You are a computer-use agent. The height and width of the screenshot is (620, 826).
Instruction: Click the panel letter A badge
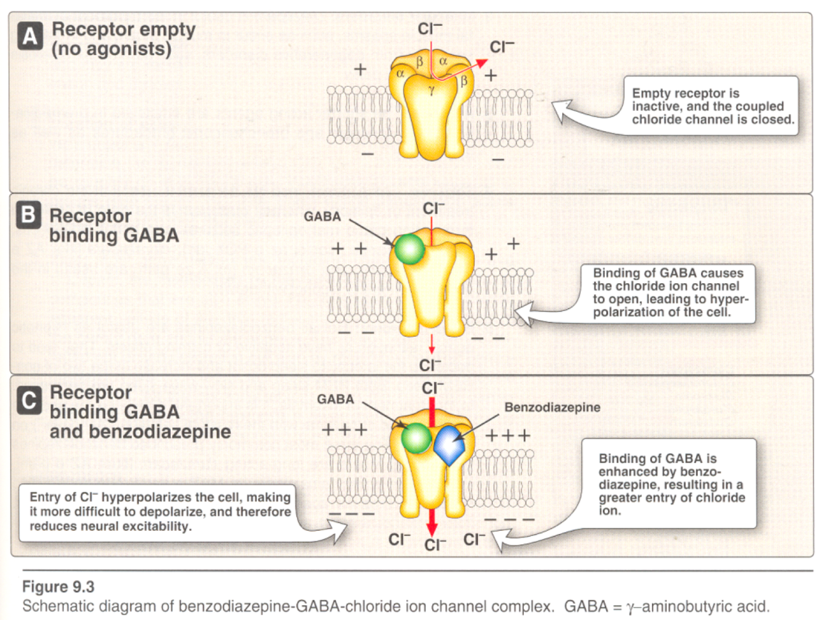click(x=30, y=37)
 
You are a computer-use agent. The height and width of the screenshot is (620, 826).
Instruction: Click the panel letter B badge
click(x=28, y=215)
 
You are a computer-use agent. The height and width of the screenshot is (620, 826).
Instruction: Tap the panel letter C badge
click(x=29, y=401)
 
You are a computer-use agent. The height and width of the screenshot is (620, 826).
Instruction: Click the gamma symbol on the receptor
click(x=432, y=90)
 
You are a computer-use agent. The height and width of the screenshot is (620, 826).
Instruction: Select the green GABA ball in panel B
click(x=409, y=249)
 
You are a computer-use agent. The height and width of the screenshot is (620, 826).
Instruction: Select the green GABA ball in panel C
click(x=416, y=438)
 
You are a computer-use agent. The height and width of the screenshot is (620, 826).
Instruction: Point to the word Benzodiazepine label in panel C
click(x=552, y=407)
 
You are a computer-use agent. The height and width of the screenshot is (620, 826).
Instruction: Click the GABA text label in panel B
click(x=322, y=217)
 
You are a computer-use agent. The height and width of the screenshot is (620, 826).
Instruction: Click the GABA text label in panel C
click(x=335, y=400)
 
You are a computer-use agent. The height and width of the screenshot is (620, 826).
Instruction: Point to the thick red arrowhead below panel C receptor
click(x=432, y=528)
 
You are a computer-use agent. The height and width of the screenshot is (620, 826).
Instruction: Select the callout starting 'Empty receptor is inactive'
click(x=712, y=106)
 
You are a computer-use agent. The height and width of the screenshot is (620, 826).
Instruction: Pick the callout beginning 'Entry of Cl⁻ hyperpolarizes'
click(x=160, y=512)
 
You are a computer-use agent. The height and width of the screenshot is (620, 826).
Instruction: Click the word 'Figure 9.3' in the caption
click(x=58, y=586)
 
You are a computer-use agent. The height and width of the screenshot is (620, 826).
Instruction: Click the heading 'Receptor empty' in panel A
click(x=123, y=29)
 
